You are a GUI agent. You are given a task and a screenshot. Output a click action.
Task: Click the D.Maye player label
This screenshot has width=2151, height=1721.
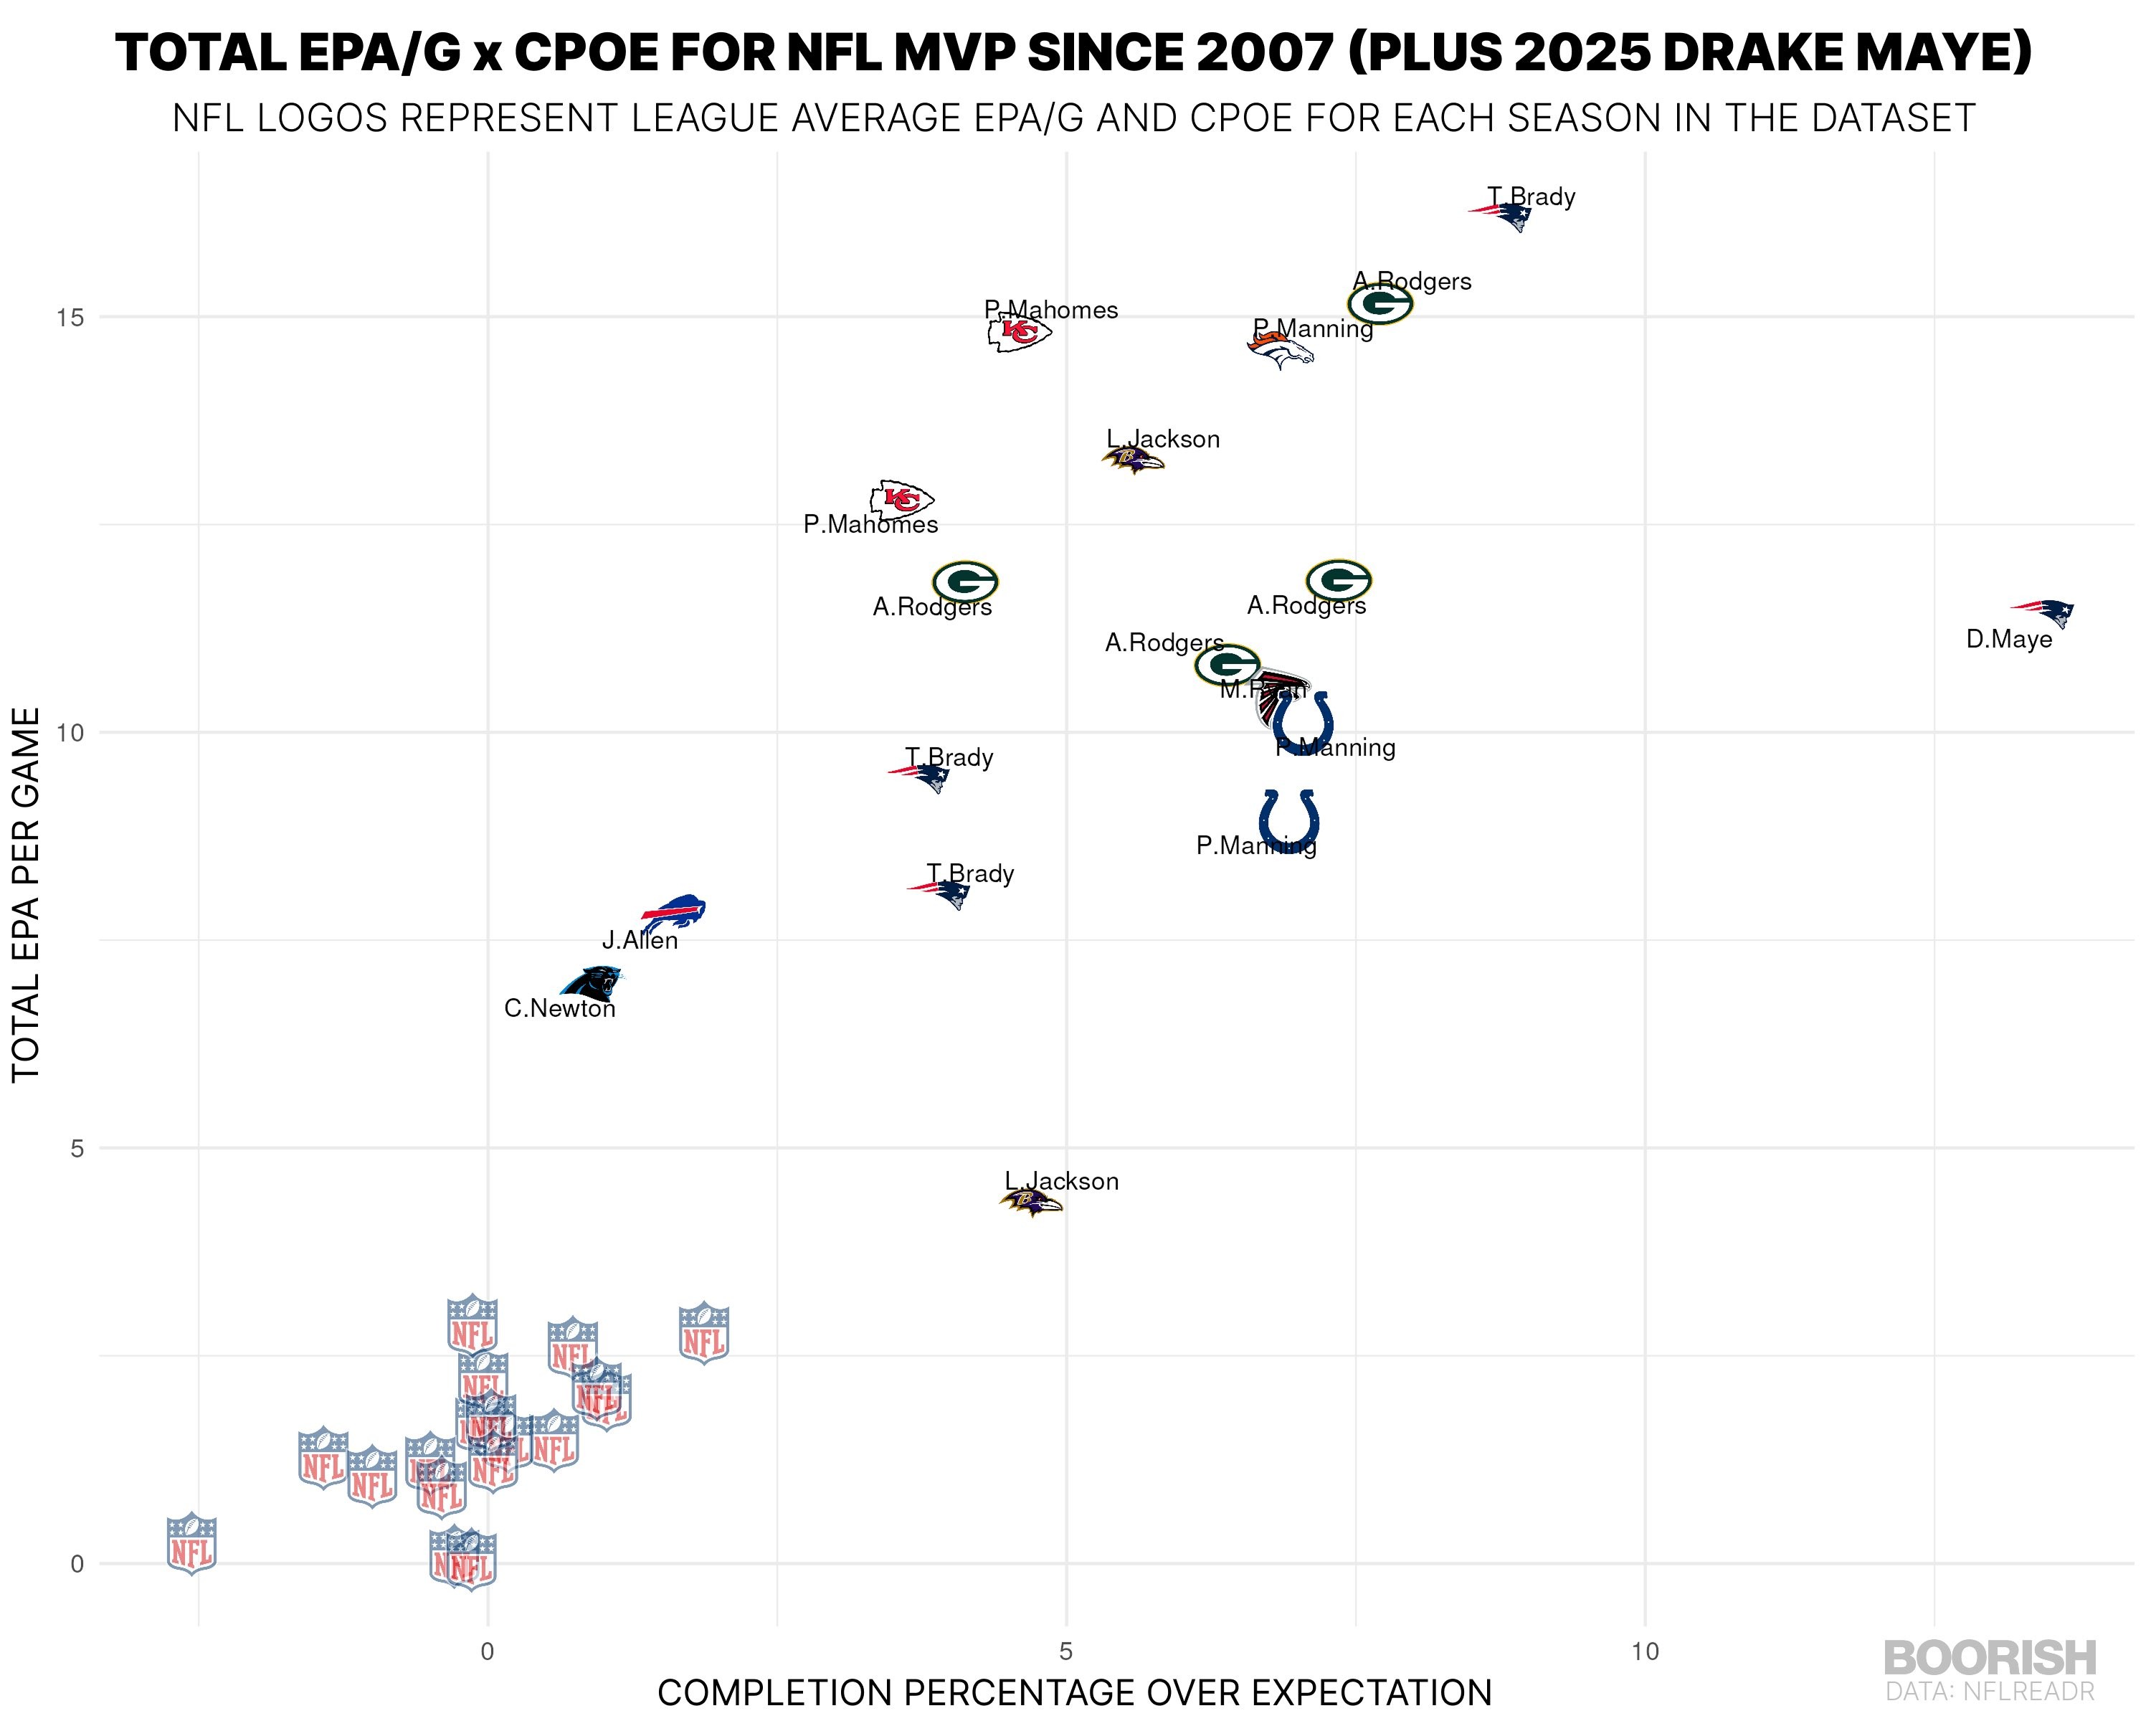click(2008, 640)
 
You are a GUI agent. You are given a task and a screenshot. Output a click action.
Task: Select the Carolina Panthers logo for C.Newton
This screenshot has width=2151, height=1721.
click(592, 982)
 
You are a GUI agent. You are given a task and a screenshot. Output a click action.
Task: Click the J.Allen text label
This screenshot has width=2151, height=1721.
click(640, 941)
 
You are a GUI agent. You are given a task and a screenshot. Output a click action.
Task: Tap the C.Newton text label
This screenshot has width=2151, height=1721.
click(560, 1009)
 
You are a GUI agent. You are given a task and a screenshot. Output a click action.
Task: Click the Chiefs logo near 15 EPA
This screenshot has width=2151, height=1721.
click(1019, 331)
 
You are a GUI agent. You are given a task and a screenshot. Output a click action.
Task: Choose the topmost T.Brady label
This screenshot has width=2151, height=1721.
click(1532, 196)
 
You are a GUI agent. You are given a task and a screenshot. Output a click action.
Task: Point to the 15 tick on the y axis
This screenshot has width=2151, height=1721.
click(70, 317)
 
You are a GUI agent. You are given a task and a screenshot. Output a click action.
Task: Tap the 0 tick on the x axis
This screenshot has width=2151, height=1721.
click(487, 1651)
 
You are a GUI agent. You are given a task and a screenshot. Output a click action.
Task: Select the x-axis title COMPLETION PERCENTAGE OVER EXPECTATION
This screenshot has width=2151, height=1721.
click(1075, 1693)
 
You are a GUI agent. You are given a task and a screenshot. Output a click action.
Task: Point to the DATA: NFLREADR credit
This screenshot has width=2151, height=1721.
click(1990, 1691)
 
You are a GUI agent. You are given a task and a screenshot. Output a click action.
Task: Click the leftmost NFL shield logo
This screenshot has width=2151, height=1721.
click(191, 1542)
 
